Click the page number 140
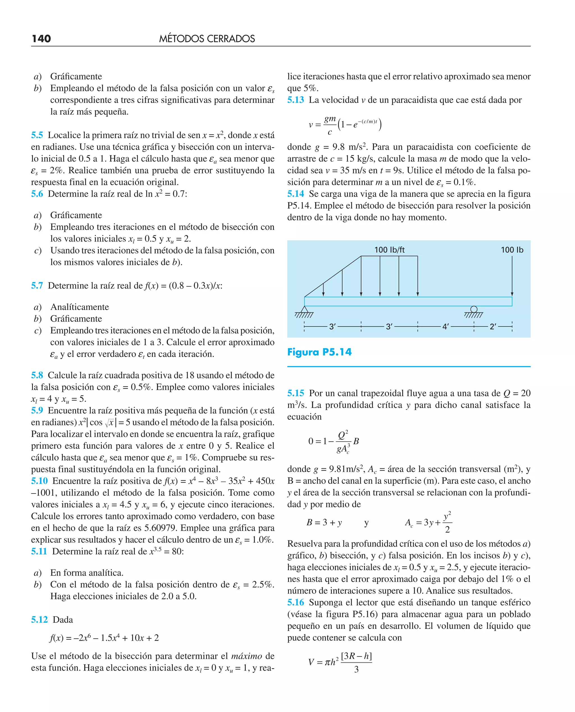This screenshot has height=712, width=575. click(x=41, y=39)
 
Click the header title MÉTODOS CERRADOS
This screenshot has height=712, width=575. click(x=207, y=39)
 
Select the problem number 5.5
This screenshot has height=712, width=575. click(x=37, y=135)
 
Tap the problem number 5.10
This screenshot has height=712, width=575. click(x=39, y=481)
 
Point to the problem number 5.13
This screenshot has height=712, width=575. click(x=295, y=100)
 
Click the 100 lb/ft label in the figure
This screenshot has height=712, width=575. click(x=389, y=250)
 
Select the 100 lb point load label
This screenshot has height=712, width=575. click(x=512, y=250)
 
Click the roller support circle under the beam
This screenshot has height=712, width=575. click(x=474, y=309)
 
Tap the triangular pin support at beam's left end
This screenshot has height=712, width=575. click(x=304, y=310)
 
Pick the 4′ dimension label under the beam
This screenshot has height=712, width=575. click(x=446, y=327)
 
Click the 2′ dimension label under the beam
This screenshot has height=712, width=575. click(x=493, y=327)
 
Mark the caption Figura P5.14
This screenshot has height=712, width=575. click(x=319, y=352)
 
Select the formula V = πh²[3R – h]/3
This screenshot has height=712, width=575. click(x=340, y=662)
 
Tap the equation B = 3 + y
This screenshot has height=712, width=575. click(x=324, y=522)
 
